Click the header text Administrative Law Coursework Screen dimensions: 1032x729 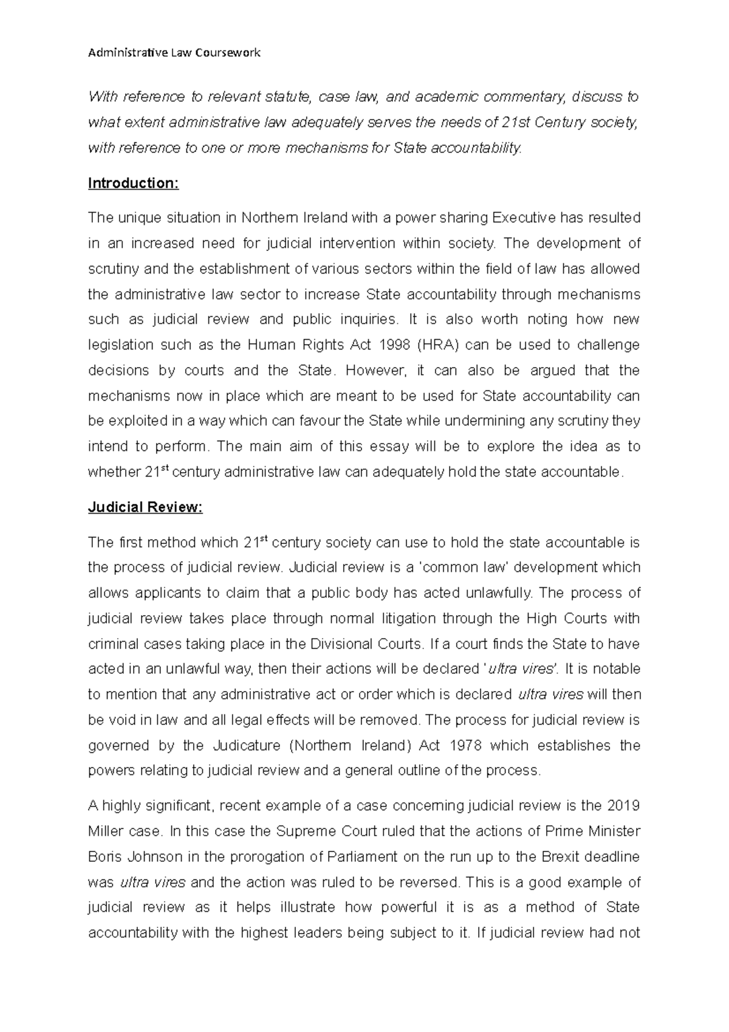pyautogui.click(x=174, y=53)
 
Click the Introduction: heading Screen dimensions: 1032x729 pyautogui.click(x=133, y=183)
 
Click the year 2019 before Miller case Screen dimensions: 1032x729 pyautogui.click(x=623, y=806)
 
